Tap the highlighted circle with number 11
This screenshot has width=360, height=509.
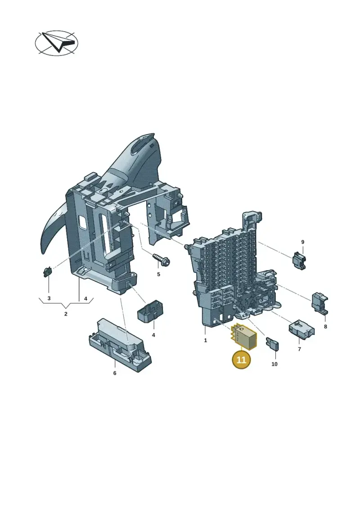(x=242, y=360)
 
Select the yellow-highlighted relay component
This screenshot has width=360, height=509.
(x=243, y=337)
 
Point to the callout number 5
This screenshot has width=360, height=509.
(x=158, y=274)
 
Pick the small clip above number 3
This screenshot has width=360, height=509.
(x=48, y=271)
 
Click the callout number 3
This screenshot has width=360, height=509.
(x=49, y=298)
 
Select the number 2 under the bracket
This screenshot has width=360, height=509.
(x=66, y=314)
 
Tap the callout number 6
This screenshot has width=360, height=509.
(x=115, y=373)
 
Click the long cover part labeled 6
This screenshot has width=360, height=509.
(x=120, y=344)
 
